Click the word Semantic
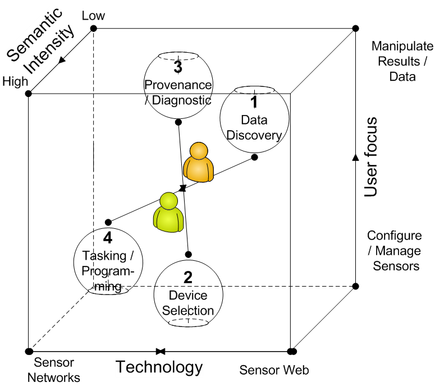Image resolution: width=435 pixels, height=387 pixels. (x=34, y=35)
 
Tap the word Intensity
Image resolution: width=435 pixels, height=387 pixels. (x=51, y=51)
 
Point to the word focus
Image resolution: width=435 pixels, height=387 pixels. (x=371, y=142)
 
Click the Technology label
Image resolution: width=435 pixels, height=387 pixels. (x=159, y=367)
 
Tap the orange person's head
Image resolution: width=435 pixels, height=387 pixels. (x=199, y=151)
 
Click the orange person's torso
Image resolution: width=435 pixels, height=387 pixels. (x=199, y=170)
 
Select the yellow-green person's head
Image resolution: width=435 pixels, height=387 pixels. (x=168, y=201)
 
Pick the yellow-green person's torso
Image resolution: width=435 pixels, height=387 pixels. (x=168, y=220)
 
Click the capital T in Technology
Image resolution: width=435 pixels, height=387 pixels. (x=120, y=367)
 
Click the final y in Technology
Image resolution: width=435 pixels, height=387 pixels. (x=197, y=369)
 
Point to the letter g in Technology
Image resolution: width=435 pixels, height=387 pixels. (x=189, y=369)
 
